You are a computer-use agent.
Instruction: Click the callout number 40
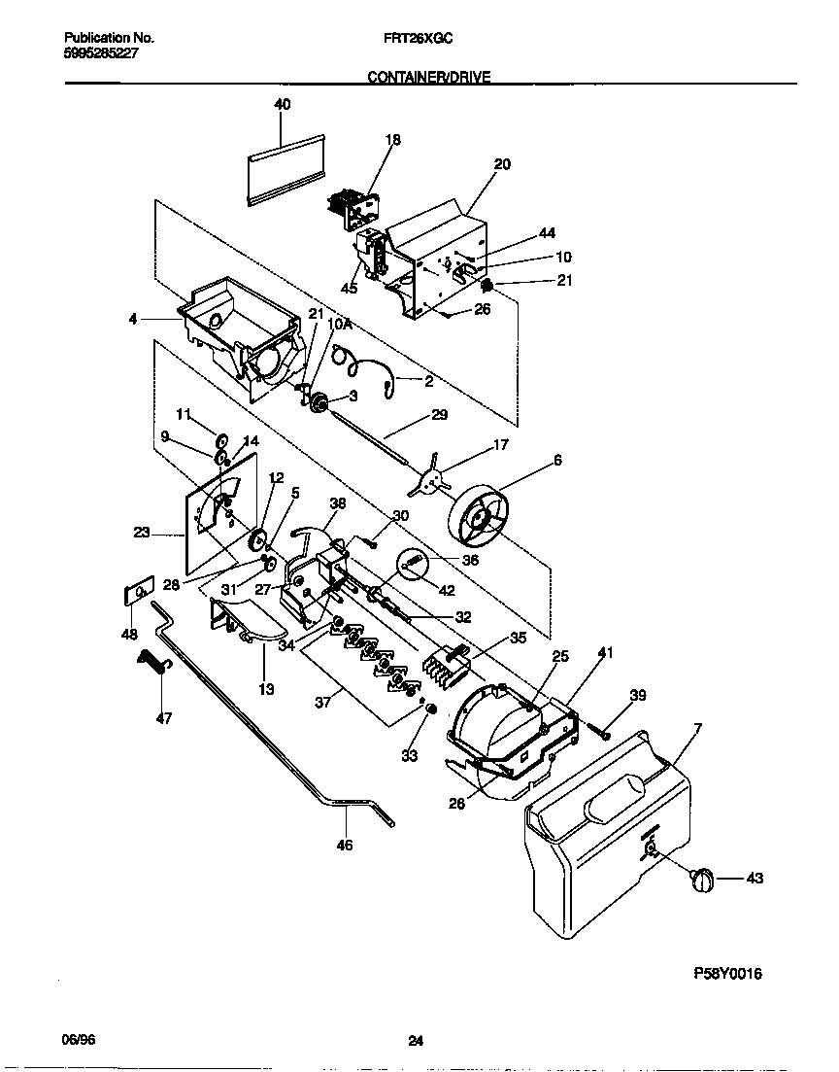pyautogui.click(x=282, y=105)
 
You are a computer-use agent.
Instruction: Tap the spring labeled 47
pyautogui.click(x=153, y=665)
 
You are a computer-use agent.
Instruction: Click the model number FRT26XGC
pyautogui.click(x=413, y=38)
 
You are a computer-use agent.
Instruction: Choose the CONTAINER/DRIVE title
pyautogui.click(x=428, y=77)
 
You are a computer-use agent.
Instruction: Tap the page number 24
pyautogui.click(x=416, y=1041)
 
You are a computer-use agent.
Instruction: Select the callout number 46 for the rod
pyautogui.click(x=344, y=845)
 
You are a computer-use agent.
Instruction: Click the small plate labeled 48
pyautogui.click(x=139, y=593)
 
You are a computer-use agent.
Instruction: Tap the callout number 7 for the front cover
pyautogui.click(x=697, y=728)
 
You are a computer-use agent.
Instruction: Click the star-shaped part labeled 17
pyautogui.click(x=432, y=474)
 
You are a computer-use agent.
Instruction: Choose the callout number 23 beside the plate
pyautogui.click(x=141, y=532)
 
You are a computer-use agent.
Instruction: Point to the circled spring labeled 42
pyautogui.click(x=413, y=564)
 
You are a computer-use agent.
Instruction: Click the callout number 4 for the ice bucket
pyautogui.click(x=132, y=318)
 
